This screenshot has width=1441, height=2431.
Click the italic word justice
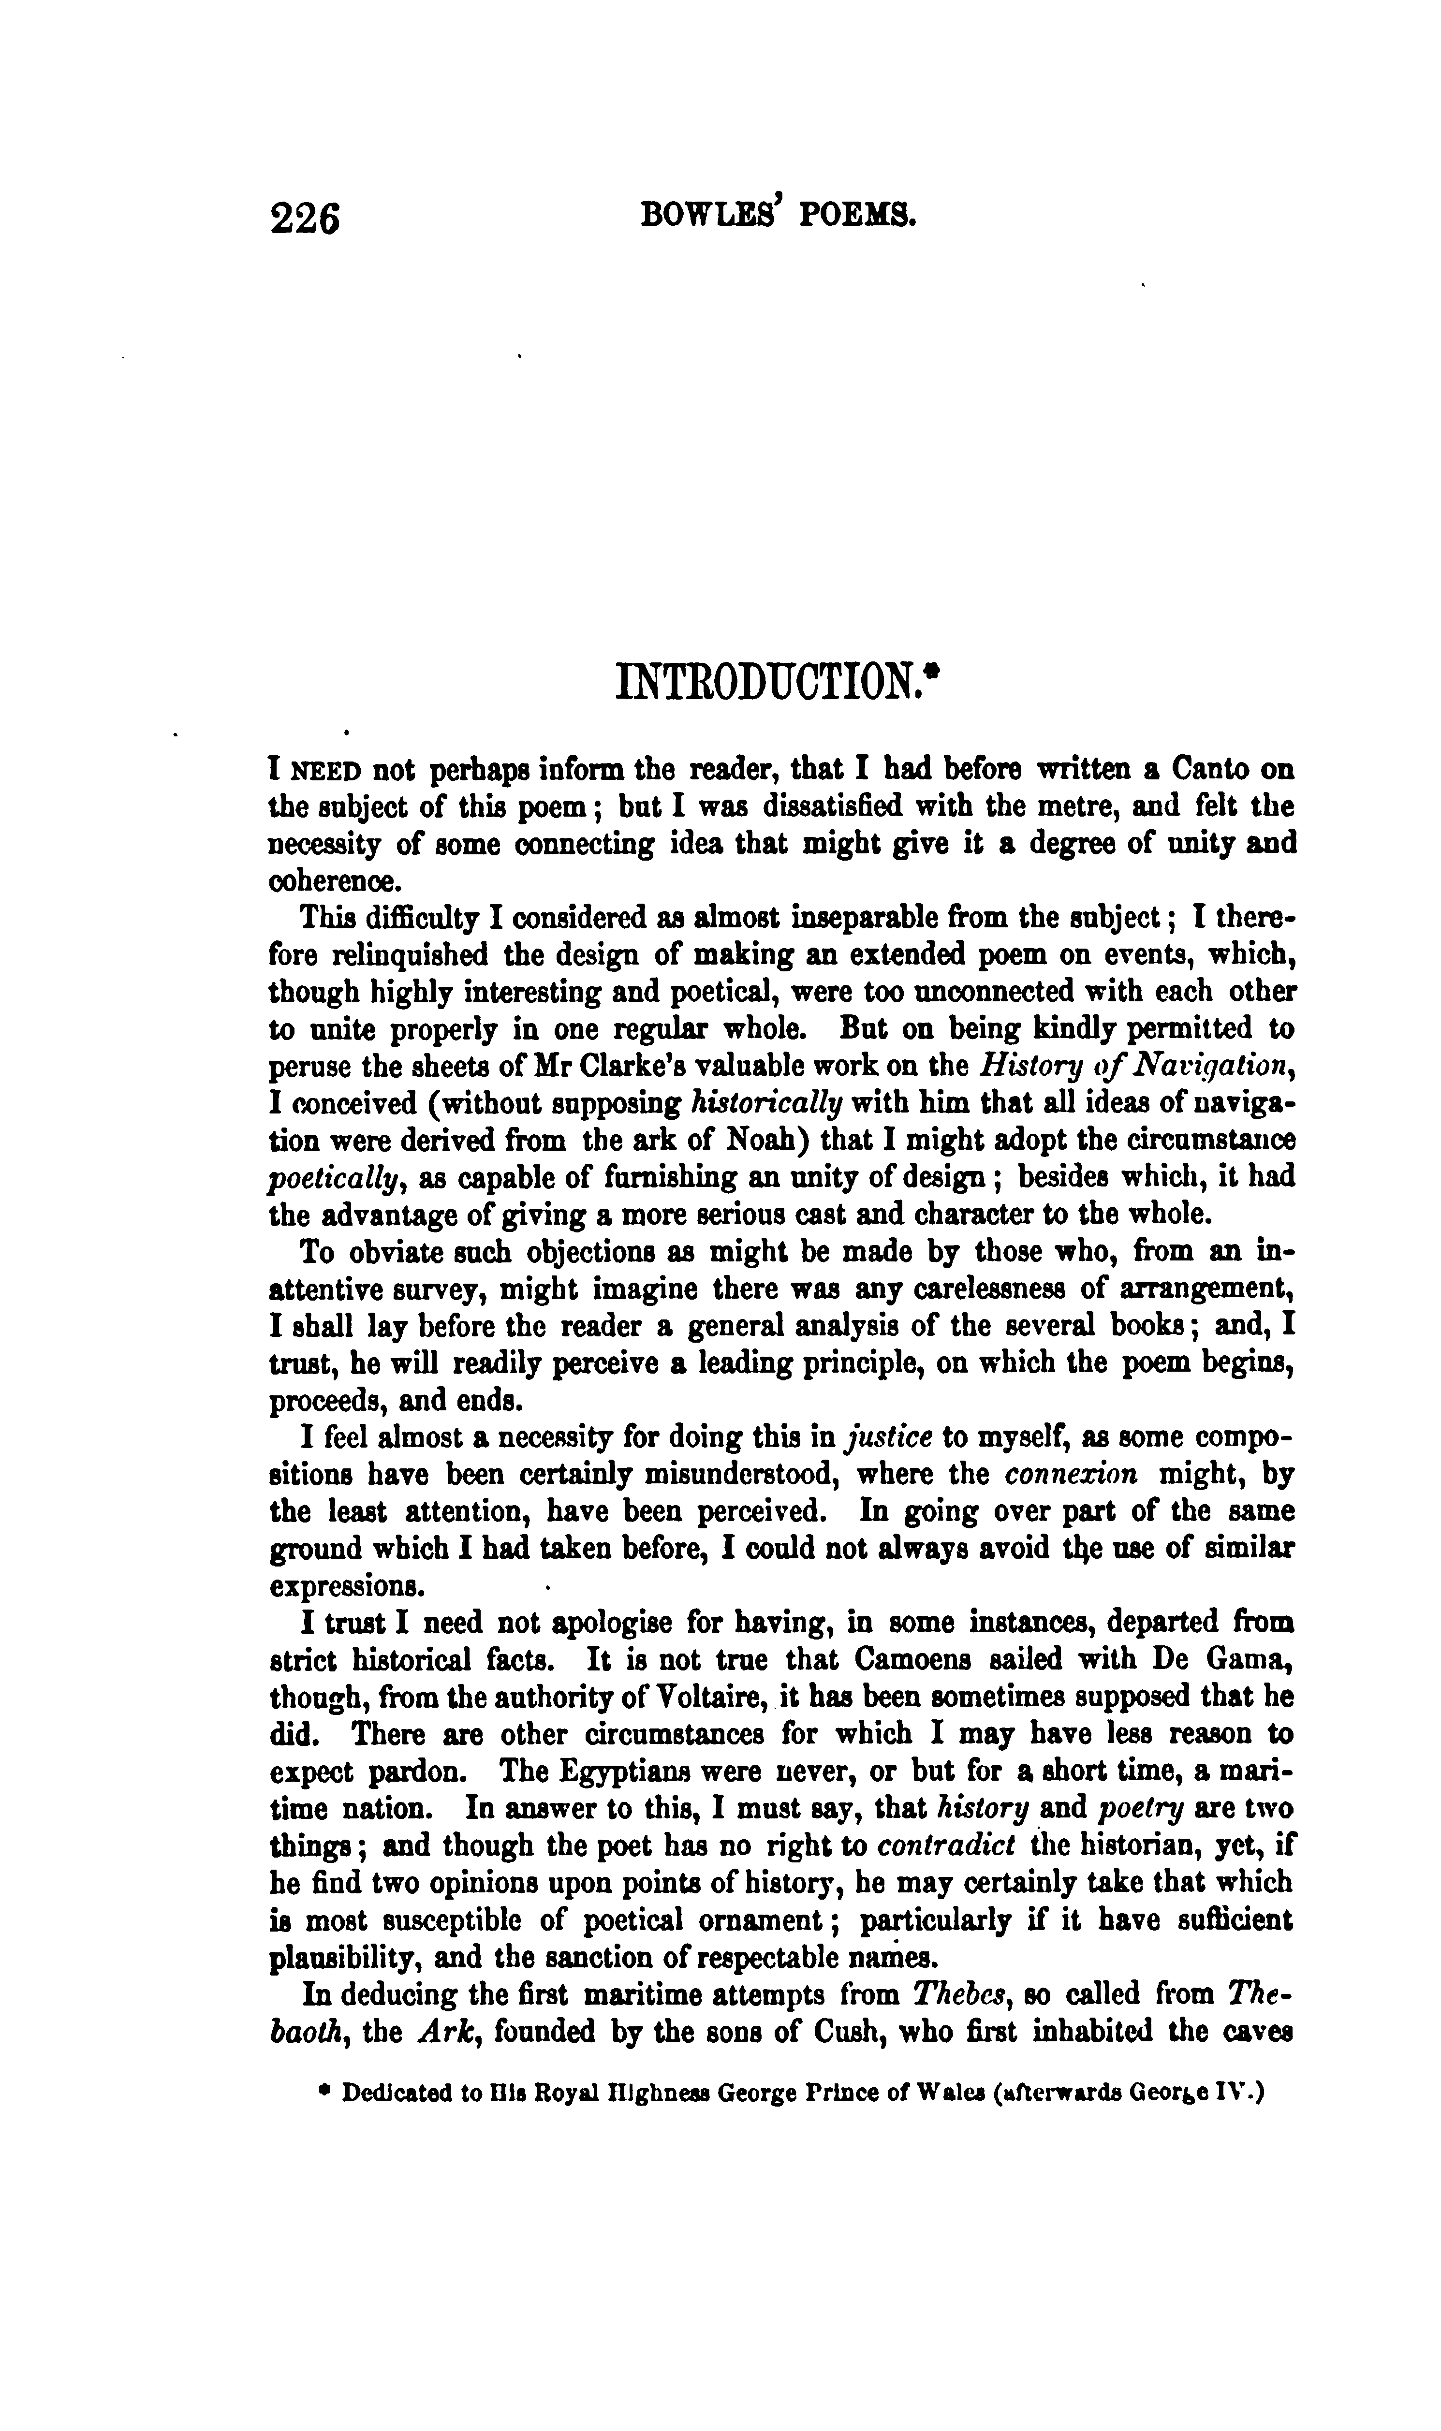pos(891,1437)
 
